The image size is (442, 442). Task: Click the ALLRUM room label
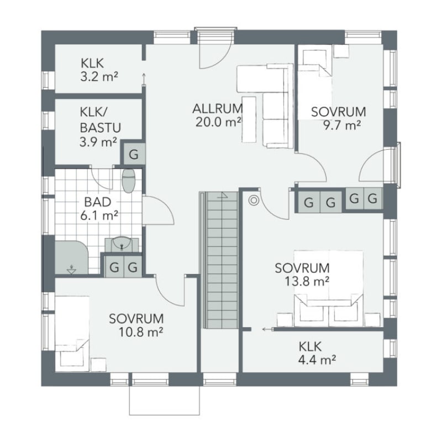pos(217,108)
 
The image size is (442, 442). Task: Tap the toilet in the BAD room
pos(129,181)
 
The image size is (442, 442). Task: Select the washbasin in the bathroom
pos(122,244)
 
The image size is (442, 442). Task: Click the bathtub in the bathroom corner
pos(71,257)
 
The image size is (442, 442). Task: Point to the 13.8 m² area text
pos(307,281)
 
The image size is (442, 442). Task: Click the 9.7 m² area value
pos(342,125)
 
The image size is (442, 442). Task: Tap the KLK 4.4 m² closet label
pos(317,353)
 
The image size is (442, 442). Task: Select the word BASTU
pos(101,128)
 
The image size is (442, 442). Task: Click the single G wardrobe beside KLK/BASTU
pos(134,154)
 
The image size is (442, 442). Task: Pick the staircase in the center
pos(220,260)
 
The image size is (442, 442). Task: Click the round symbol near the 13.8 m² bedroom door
pos(254,201)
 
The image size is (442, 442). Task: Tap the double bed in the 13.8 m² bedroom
pos(328,288)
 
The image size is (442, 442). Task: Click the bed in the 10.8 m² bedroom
pos(72,334)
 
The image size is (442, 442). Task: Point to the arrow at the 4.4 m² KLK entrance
pos(268,329)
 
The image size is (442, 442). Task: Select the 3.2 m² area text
pos(99,77)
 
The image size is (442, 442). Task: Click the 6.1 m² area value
pos(99,216)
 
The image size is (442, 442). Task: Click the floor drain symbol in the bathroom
pos(71,270)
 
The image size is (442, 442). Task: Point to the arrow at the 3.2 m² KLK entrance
pos(144,78)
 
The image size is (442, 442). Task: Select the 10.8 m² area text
pos(141,333)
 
